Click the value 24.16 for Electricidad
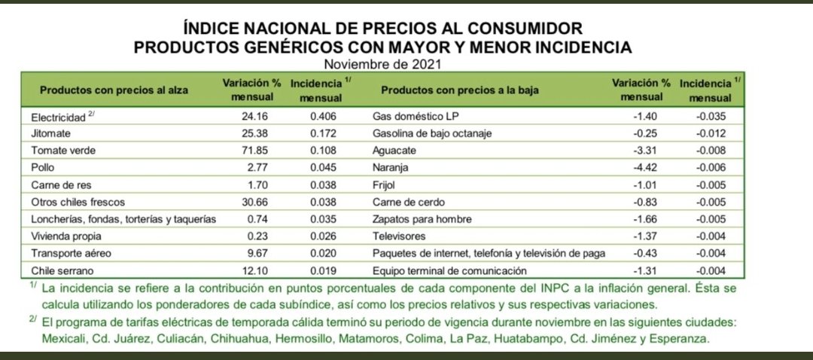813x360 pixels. tap(248, 117)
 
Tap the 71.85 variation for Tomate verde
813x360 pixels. tap(248, 151)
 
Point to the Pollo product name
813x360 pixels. tap(43, 167)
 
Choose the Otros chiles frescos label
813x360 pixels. tap(78, 202)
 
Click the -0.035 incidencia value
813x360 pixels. tap(708, 117)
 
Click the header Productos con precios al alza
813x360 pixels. tap(114, 90)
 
